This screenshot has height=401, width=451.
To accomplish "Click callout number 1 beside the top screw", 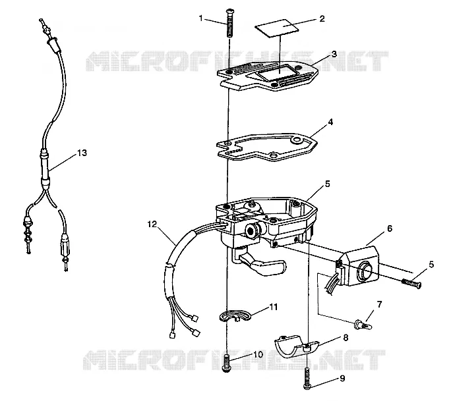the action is [200, 18].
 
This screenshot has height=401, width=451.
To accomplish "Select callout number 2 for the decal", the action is [322, 18].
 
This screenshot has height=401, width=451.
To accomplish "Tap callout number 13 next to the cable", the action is [82, 153].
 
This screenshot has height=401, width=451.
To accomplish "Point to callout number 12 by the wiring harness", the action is [152, 224].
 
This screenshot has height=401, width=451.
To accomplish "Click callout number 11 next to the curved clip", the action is [274, 307].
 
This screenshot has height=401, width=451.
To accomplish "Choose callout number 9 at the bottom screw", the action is [342, 379].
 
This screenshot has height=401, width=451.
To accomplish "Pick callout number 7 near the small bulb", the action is [379, 304].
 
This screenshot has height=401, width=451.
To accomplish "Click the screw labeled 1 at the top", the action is [229, 23].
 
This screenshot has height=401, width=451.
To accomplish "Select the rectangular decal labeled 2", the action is [276, 28].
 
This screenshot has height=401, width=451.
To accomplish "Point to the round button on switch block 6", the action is [363, 271].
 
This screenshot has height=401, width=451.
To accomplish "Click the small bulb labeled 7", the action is [363, 325].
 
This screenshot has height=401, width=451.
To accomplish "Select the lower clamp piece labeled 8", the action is [296, 347].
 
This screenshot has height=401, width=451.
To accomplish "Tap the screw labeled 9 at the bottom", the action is [307, 378].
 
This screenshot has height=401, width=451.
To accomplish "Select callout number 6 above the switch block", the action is [390, 228].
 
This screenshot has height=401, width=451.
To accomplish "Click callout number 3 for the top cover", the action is [334, 54].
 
